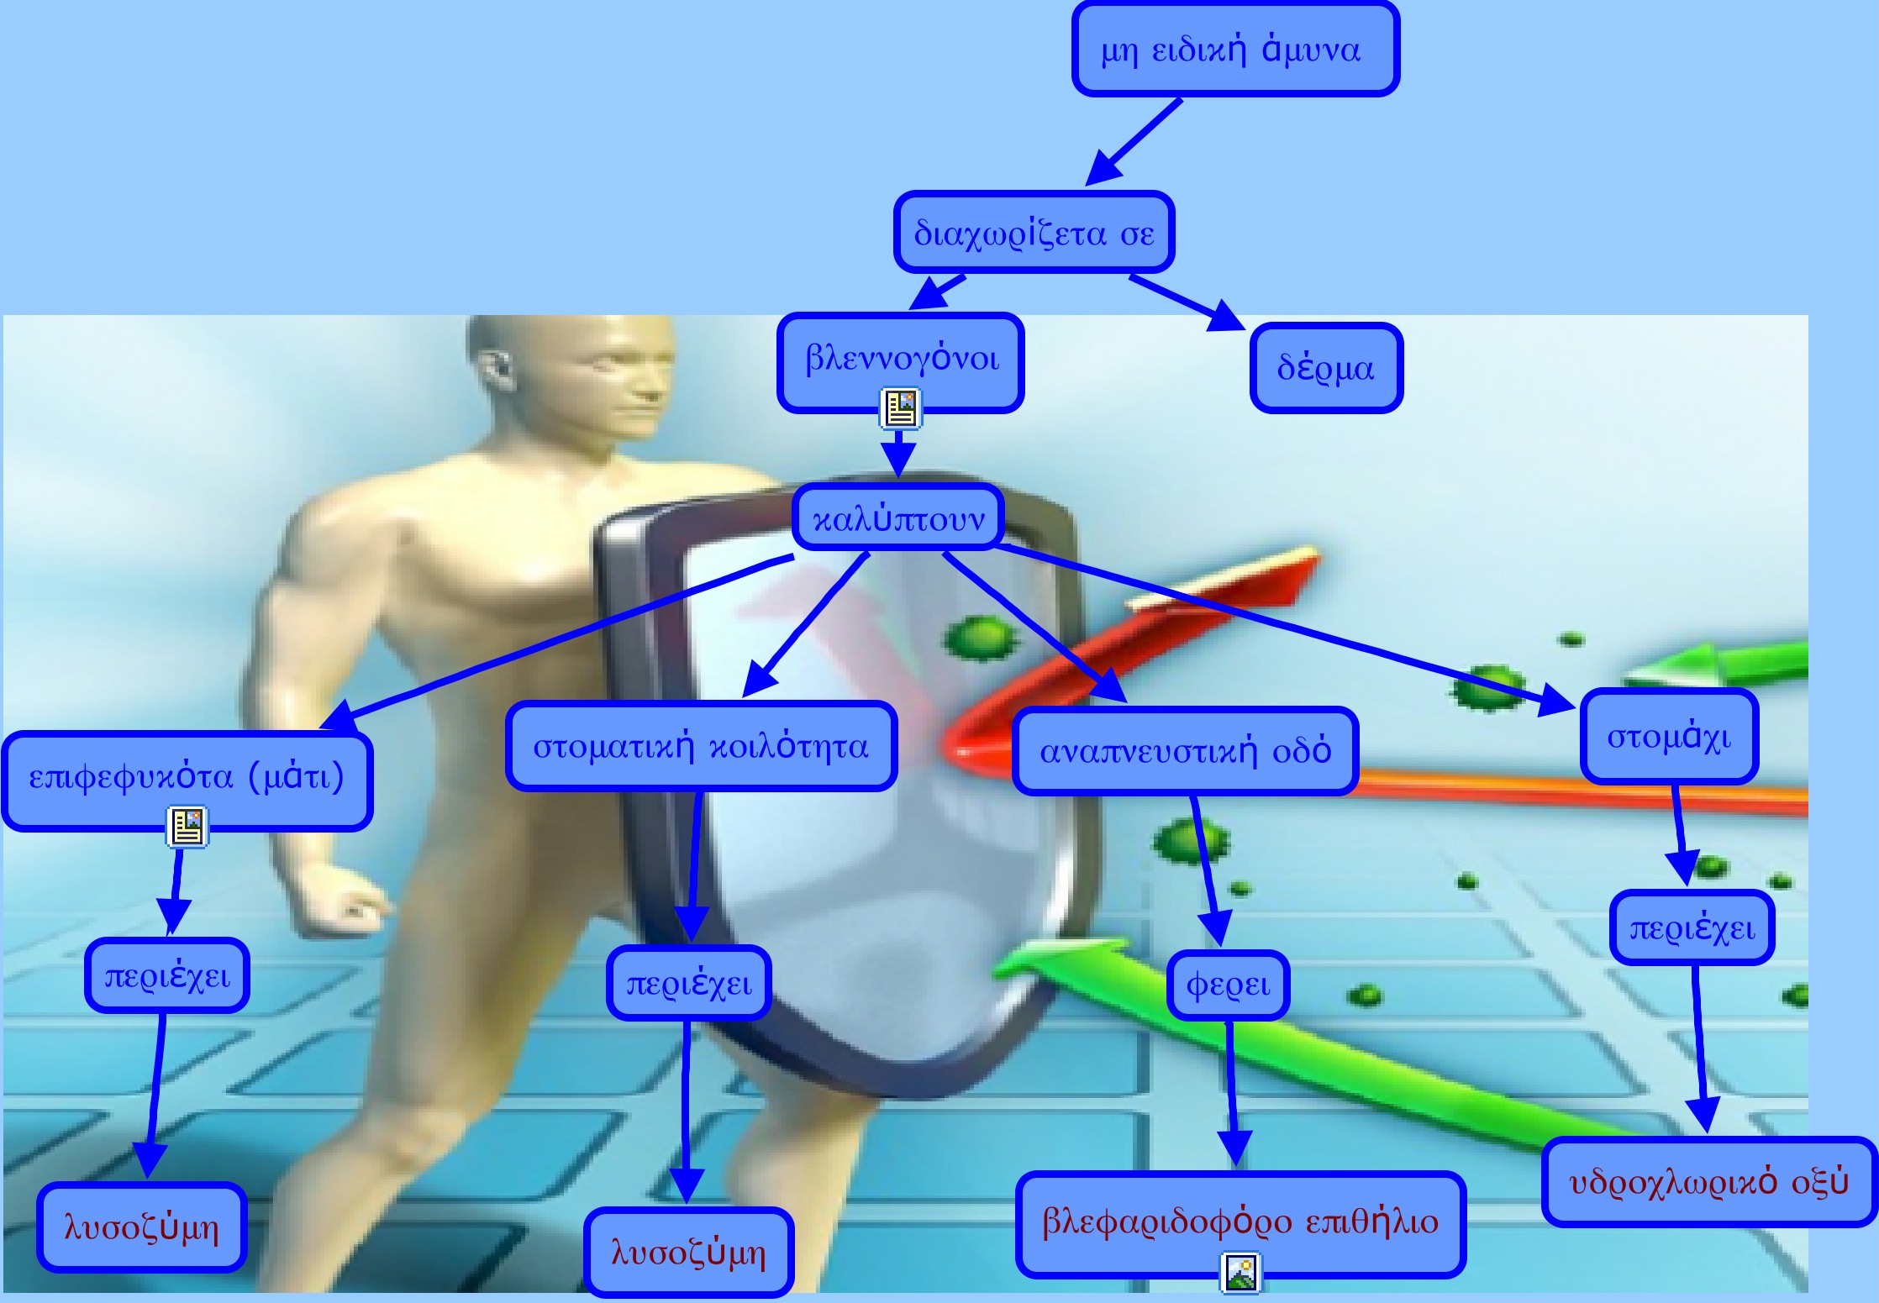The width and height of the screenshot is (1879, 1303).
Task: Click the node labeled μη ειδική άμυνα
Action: point(1235,50)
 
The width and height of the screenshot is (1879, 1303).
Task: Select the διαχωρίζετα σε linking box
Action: point(1034,233)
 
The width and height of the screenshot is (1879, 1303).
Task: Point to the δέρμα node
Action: point(1326,368)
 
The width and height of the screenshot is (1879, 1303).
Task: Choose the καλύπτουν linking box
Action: point(898,518)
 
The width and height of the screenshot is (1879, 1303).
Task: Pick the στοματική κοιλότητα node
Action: point(701,746)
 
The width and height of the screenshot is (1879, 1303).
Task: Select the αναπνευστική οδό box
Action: point(1185,750)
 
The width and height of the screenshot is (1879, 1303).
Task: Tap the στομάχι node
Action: point(1669,737)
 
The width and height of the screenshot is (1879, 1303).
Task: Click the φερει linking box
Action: point(1228,985)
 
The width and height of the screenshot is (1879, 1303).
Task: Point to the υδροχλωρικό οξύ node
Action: point(1709,1182)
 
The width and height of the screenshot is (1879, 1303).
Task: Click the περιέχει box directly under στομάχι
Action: point(1692,927)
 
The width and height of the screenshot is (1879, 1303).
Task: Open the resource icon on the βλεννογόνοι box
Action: point(901,408)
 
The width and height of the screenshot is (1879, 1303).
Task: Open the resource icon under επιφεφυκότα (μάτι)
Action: point(187,827)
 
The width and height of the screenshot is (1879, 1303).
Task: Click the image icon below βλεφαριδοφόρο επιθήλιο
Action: point(1240,1273)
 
